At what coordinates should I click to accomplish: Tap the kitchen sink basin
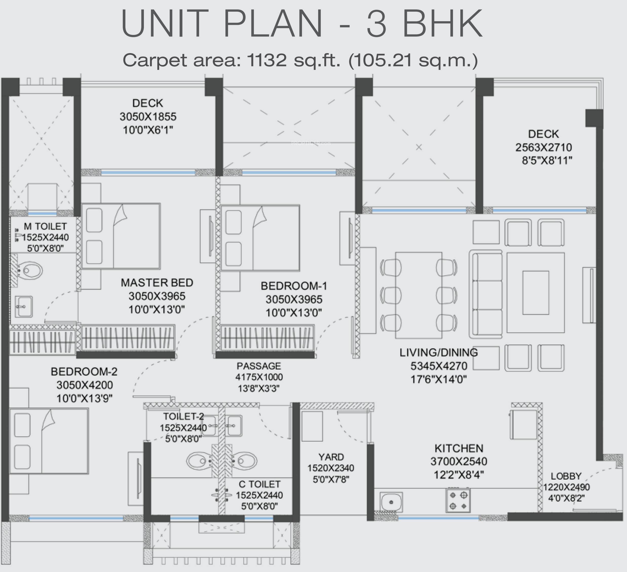click(391, 502)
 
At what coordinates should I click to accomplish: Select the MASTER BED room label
click(157, 283)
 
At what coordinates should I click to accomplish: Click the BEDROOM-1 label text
click(294, 286)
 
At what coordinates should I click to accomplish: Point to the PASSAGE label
click(259, 366)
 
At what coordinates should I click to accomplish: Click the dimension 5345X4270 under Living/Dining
click(439, 366)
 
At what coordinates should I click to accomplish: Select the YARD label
click(331, 457)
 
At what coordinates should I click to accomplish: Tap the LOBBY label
click(566, 476)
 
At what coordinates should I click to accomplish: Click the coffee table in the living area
click(536, 293)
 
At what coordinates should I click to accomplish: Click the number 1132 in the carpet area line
click(267, 60)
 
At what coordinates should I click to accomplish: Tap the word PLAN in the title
click(273, 24)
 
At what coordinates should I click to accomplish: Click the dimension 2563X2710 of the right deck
click(544, 147)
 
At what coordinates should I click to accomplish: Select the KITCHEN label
click(459, 448)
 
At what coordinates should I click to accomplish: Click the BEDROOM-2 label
click(84, 372)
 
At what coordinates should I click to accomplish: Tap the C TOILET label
click(259, 484)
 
